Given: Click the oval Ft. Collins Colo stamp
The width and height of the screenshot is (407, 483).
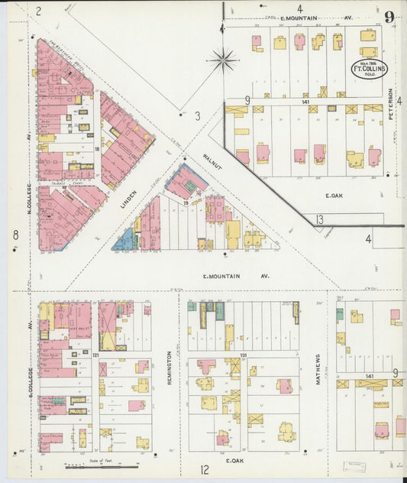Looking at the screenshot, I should [x=369, y=69].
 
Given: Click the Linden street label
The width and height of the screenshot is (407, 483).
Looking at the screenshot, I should [x=128, y=199].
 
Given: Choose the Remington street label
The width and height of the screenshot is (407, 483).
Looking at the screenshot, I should [x=170, y=368].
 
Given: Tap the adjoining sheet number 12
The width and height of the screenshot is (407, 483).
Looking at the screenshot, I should [x=205, y=469].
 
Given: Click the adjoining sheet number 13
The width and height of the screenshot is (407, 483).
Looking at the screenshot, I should [x=319, y=220].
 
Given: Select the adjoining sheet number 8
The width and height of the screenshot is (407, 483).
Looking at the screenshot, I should [x=15, y=235].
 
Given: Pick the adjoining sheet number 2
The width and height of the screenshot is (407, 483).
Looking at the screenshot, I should [x=37, y=11].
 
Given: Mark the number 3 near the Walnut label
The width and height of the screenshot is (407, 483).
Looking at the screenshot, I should [x=196, y=116].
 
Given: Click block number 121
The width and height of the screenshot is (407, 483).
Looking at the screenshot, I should [x=96, y=356].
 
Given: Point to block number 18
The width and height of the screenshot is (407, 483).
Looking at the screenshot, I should [x=97, y=149].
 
